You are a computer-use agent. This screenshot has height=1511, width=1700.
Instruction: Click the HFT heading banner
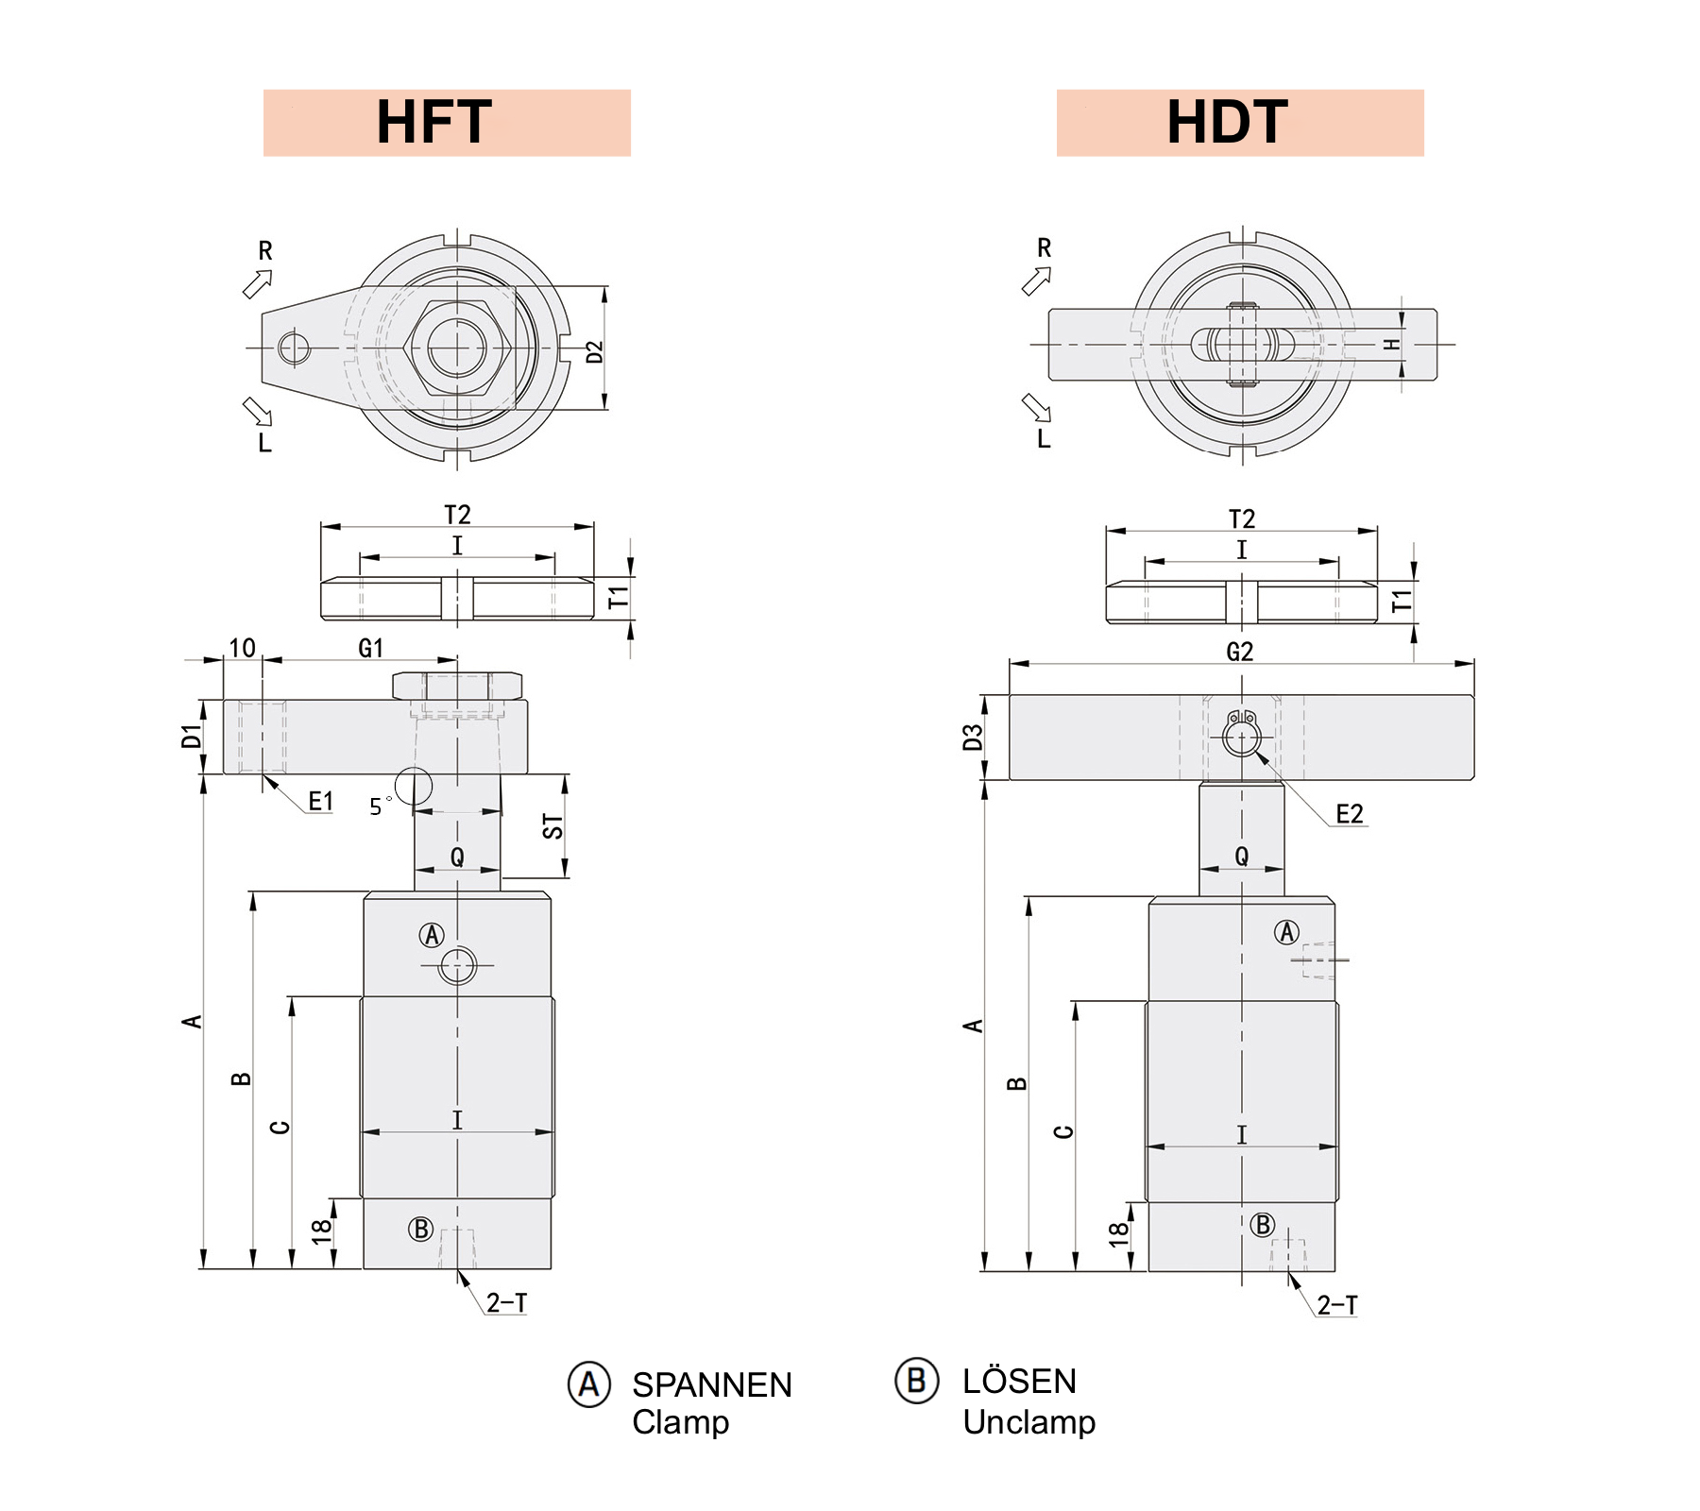pos(446,123)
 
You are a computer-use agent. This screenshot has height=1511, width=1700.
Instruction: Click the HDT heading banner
pos(1238,123)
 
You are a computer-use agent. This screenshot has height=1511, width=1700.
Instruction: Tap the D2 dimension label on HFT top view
pos(594,352)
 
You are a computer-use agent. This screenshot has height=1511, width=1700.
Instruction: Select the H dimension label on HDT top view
pos(1391,345)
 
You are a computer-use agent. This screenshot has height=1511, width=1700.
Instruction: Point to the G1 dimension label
pos(371,648)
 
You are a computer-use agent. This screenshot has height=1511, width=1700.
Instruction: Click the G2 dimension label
pos(1239,652)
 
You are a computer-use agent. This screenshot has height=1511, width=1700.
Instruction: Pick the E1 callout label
pos(321,802)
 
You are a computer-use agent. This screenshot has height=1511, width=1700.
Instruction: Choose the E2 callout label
pos(1350,814)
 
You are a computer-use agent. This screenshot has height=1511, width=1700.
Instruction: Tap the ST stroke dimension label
pos(553,826)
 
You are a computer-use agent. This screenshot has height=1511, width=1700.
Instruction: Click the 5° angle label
pos(378,806)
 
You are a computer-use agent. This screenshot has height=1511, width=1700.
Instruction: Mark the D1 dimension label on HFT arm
pos(192,737)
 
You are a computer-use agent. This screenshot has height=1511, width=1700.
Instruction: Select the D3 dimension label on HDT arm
pos(973,738)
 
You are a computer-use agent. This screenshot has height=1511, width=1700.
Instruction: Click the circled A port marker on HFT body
pos(432,935)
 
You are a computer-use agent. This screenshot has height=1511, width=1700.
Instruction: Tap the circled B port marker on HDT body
pos(1263,1225)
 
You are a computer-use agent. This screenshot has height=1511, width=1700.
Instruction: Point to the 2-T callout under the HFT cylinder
pos(506,1303)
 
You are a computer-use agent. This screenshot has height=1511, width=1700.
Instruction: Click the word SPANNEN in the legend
pos(711,1385)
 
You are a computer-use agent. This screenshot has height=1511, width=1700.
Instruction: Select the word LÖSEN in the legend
pos(1019,1382)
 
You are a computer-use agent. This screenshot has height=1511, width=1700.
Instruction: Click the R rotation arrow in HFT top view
pos(258,282)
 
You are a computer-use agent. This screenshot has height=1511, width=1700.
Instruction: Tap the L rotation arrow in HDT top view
pos(1036,408)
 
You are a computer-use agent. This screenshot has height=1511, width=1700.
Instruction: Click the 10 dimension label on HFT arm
pos(242,648)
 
